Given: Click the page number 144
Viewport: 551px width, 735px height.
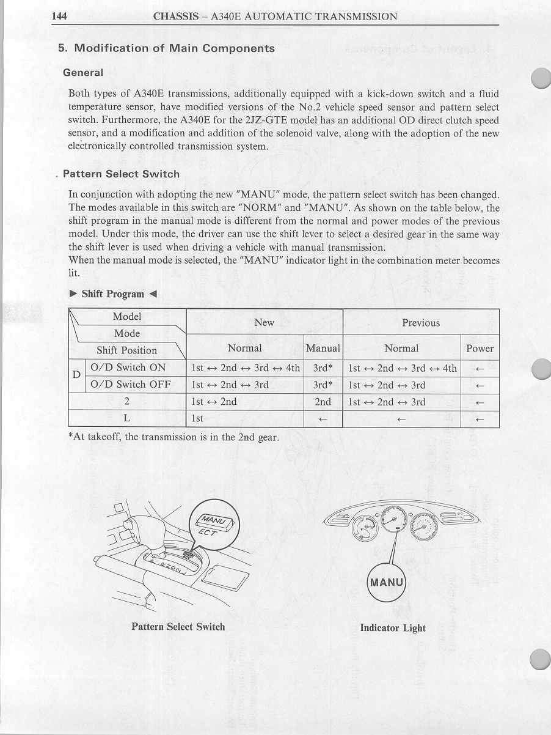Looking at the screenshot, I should click(x=59, y=17).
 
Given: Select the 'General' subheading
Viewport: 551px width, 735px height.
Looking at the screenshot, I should click(x=83, y=73).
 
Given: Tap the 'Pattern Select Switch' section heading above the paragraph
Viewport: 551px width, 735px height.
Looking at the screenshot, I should click(x=121, y=174).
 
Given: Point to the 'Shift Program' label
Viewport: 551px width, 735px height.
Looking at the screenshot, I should click(x=113, y=294).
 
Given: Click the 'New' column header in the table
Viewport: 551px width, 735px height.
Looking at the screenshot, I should click(x=264, y=322).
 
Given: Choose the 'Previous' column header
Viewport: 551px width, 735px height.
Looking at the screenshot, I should click(x=421, y=322).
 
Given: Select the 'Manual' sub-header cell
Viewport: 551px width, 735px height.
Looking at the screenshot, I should click(x=323, y=349).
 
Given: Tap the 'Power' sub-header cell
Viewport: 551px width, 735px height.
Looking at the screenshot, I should click(x=480, y=349).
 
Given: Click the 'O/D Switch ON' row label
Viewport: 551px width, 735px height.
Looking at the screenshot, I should click(x=128, y=367).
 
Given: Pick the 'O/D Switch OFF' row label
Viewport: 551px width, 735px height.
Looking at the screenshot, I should click(x=130, y=385).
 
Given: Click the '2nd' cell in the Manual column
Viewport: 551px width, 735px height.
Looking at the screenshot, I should click(x=323, y=402).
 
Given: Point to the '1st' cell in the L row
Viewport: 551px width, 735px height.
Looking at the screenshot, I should click(x=197, y=419).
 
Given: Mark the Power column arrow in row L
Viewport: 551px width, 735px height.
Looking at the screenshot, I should click(x=480, y=419).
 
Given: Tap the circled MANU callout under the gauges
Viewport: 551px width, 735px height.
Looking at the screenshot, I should click(x=387, y=582).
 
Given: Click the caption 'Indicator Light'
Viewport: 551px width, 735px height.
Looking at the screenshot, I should click(x=393, y=628).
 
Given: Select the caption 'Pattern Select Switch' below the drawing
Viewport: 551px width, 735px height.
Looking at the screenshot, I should click(x=178, y=627).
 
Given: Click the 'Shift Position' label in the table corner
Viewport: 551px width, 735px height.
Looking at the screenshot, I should click(x=126, y=350).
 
